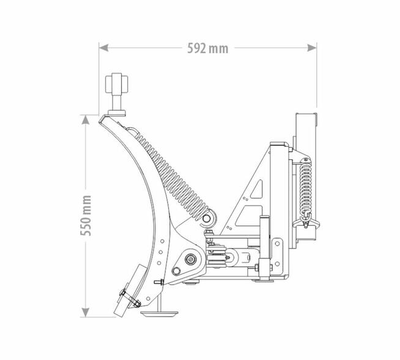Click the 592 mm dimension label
coord(208,48)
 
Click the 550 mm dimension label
coord(86,216)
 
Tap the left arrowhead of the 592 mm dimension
coord(103,48)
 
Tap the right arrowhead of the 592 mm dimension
coord(312,48)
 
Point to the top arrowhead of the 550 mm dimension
coord(86,120)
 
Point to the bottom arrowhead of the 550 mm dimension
coord(86,312)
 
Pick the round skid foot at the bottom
coord(160,314)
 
